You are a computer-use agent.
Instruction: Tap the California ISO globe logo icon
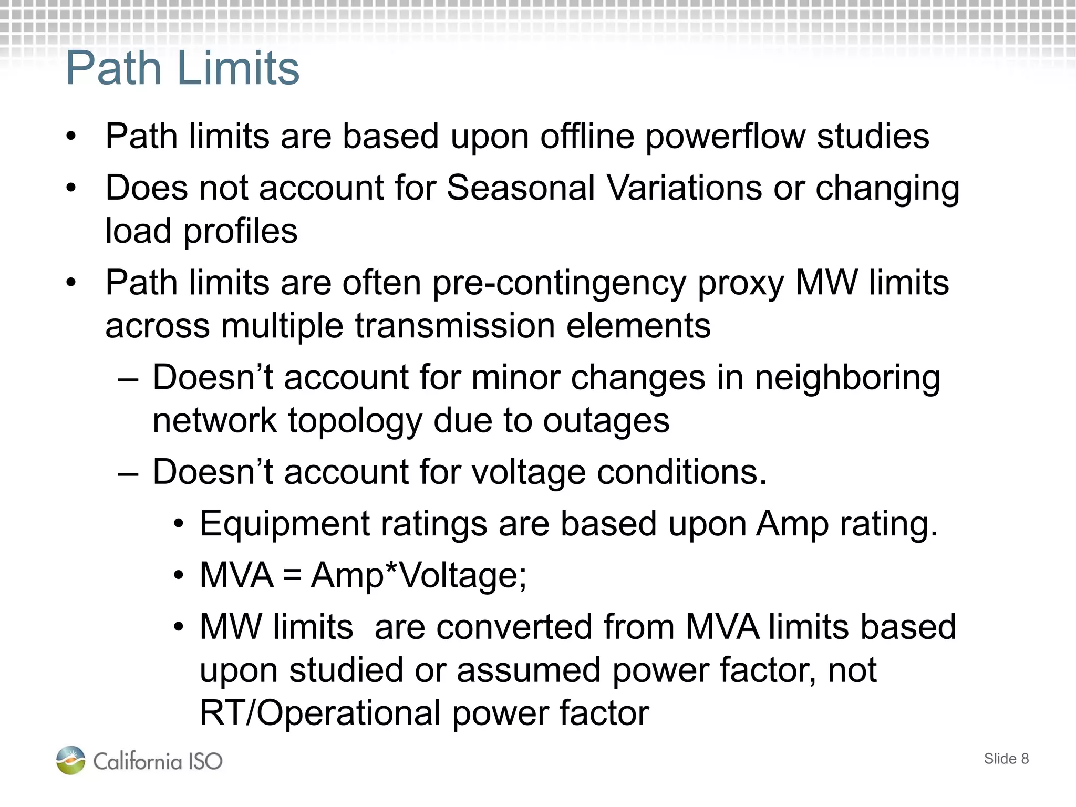pyautogui.click(x=71, y=760)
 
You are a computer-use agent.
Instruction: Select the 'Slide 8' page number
pyautogui.click(x=1006, y=759)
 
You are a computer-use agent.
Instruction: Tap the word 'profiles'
pyautogui.click(x=240, y=232)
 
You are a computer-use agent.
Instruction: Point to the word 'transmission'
pyautogui.click(x=454, y=326)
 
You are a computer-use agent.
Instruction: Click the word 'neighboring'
pyautogui.click(x=847, y=378)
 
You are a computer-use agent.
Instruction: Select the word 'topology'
pyautogui.click(x=355, y=421)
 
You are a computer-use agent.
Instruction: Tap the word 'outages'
pyautogui.click(x=606, y=421)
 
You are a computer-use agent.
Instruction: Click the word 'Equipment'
pyautogui.click(x=285, y=524)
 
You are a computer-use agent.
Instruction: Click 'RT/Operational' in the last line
pyautogui.click(x=320, y=713)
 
